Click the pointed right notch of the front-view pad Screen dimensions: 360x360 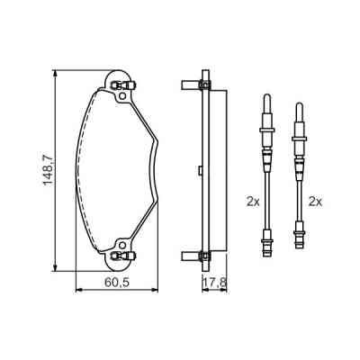[x=159, y=141]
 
